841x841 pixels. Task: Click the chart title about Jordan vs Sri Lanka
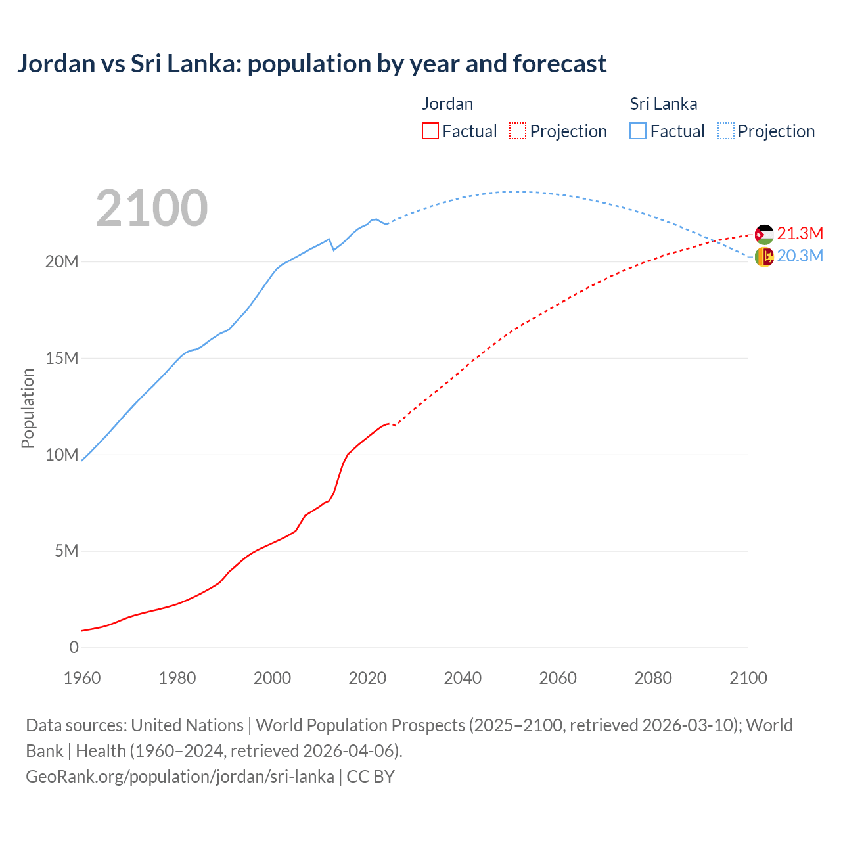pos(311,64)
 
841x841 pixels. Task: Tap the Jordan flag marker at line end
pos(764,234)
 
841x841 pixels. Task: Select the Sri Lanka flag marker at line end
pos(764,257)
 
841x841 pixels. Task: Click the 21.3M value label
pos(800,233)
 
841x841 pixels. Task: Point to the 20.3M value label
pos(800,256)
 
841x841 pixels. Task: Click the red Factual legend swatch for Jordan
pos(430,131)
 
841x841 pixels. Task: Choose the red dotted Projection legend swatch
pos(518,131)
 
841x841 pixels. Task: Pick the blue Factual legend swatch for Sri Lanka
pos(638,131)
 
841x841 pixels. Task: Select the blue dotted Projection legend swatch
pos(726,131)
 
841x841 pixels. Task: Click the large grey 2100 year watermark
pos(152,208)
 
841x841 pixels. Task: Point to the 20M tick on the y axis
pos(62,261)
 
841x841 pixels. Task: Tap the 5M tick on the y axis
pos(66,551)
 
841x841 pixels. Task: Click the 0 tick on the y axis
pos(74,647)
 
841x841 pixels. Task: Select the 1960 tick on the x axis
pos(82,678)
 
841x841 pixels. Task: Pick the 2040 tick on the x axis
pos(463,678)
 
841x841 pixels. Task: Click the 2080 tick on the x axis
pos(653,678)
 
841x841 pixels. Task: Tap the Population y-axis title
pos(28,408)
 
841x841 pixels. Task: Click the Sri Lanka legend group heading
pos(664,104)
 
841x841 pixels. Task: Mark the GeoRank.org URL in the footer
pos(180,776)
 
